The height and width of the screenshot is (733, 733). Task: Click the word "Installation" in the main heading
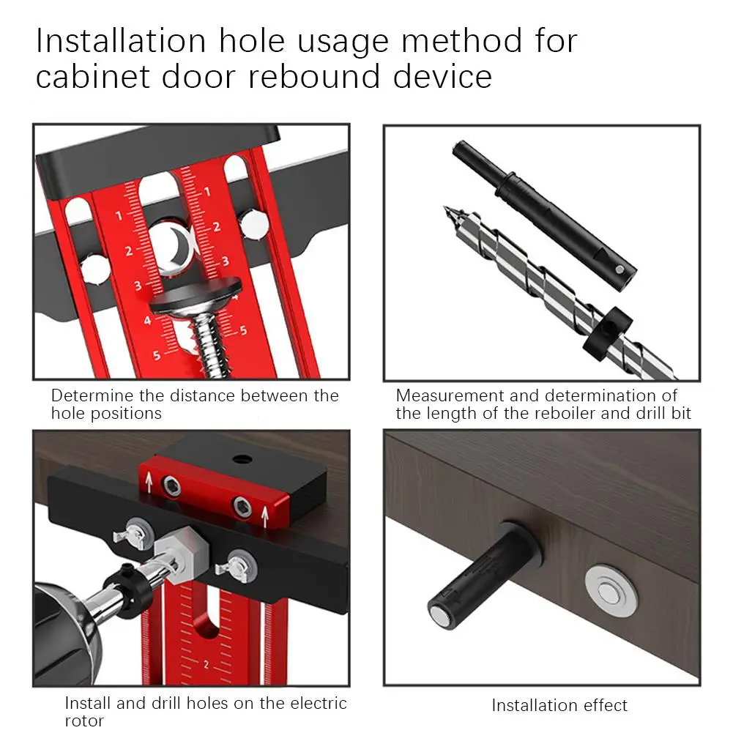tap(121, 41)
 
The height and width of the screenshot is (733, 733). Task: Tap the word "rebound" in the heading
tap(313, 77)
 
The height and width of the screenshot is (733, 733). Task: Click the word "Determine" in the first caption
tap(92, 395)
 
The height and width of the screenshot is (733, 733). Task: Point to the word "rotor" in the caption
tap(84, 721)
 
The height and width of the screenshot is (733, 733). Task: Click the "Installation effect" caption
tap(559, 705)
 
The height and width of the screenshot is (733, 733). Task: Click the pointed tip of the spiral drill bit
tap(445, 208)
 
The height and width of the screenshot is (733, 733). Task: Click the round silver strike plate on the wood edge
tap(611, 594)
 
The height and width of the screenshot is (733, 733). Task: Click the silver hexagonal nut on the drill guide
tap(181, 555)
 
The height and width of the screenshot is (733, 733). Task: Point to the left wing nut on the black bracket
tap(134, 533)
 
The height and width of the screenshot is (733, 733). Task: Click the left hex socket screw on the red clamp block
tap(171, 487)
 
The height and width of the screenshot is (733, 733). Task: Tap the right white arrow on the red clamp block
tap(265, 516)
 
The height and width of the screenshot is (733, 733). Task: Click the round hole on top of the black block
tap(242, 458)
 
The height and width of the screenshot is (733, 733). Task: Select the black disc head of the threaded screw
tap(196, 297)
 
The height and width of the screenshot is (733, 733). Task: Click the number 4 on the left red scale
tap(148, 321)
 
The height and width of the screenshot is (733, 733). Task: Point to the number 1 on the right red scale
tap(207, 191)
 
